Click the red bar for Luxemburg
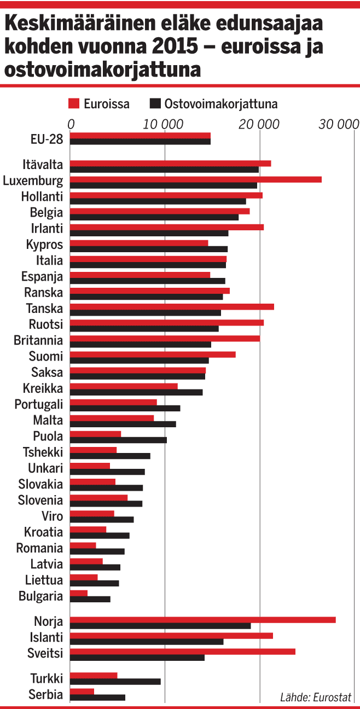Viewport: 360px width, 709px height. click(196, 179)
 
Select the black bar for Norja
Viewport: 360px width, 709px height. click(160, 625)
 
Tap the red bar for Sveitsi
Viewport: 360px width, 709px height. click(183, 651)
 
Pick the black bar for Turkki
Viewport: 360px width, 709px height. click(115, 682)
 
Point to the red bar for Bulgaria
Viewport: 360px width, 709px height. click(79, 593)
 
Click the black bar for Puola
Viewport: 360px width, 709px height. click(118, 440)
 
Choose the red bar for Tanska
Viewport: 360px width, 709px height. click(172, 306)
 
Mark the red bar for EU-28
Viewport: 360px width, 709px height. click(140, 135)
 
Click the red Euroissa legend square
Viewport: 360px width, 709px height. click(74, 103)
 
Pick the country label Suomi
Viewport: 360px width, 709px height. click(46, 357)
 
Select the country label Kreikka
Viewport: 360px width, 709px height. click(43, 389)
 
